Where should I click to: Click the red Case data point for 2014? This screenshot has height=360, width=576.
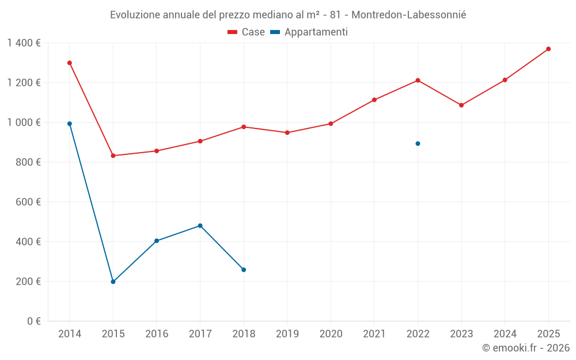click(x=70, y=63)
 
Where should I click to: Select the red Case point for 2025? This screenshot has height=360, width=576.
click(x=548, y=49)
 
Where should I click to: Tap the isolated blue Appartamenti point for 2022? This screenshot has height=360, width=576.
click(x=418, y=143)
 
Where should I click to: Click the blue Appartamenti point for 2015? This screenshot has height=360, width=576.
click(x=113, y=282)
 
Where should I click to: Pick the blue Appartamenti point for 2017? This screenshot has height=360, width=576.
click(x=200, y=226)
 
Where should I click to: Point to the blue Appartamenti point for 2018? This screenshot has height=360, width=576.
click(x=244, y=270)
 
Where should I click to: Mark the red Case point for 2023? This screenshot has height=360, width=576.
click(x=461, y=105)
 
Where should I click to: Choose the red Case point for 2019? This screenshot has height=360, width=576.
click(x=287, y=132)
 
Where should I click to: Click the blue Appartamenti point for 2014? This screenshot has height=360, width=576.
click(x=70, y=124)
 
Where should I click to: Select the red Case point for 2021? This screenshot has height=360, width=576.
click(x=374, y=100)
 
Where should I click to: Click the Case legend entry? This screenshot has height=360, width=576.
click(x=247, y=32)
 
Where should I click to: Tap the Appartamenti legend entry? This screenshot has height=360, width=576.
click(x=309, y=32)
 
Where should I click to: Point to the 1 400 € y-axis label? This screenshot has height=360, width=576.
click(x=24, y=43)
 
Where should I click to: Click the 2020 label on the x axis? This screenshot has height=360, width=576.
click(x=331, y=334)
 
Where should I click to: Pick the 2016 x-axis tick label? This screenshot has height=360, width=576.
click(x=157, y=334)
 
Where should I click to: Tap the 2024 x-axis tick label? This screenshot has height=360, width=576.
click(x=505, y=334)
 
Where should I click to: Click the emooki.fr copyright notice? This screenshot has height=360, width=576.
click(x=525, y=348)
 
